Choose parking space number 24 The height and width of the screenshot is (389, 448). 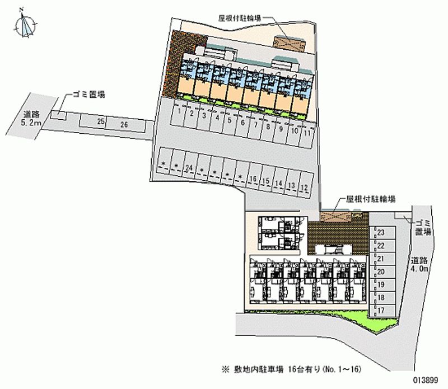tap(189, 168)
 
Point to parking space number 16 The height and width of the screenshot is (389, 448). tap(253, 179)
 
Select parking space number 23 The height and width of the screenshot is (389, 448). tap(380, 232)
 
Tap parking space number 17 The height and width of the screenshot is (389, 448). tap(380, 310)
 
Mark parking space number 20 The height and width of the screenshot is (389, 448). tap(380, 271)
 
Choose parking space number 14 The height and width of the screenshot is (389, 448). tap(278, 184)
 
